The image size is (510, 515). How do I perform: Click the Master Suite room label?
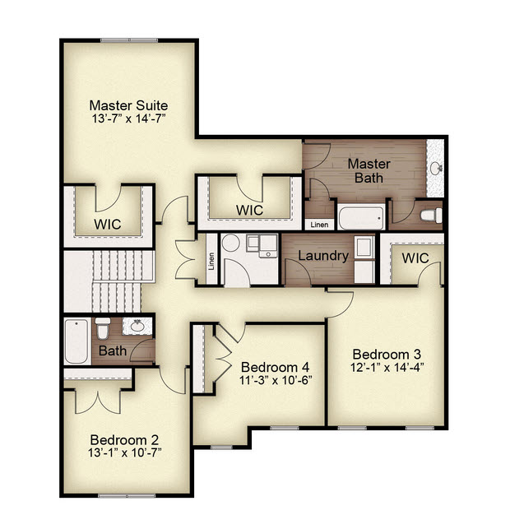tap(128, 106)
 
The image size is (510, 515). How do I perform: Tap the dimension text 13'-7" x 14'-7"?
tap(128, 118)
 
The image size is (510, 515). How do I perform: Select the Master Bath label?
tap(369, 171)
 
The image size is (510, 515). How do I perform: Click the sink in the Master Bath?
tap(436, 168)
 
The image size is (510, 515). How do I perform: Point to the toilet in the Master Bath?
tap(431, 216)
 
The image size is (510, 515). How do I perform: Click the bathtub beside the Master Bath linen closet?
tap(361, 217)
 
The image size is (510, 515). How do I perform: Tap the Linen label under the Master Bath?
tap(319, 225)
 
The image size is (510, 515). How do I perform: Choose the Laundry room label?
tap(323, 256)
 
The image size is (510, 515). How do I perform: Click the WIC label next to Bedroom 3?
tap(415, 258)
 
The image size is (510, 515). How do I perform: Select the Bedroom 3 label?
tap(387, 355)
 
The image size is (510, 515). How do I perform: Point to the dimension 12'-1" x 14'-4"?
tap(387, 368)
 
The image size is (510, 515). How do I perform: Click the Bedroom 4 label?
tap(276, 367)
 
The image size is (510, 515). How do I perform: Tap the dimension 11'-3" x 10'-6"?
tap(276, 380)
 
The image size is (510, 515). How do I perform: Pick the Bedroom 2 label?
tap(124, 440)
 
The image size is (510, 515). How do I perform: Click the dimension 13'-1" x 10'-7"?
tap(125, 453)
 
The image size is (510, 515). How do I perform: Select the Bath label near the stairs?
tap(113, 350)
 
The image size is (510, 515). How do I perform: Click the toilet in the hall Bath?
tap(103, 328)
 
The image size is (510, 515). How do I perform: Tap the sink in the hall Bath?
tap(137, 326)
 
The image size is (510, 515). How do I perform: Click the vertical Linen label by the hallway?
tap(211, 261)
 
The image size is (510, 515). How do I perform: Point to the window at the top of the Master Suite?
tap(129, 40)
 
